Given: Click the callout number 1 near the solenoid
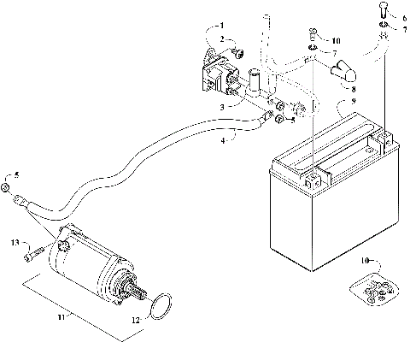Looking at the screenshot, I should tap(221, 26).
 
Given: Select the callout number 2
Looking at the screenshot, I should tap(221, 40).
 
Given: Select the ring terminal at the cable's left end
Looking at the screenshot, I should tap(19, 203).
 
